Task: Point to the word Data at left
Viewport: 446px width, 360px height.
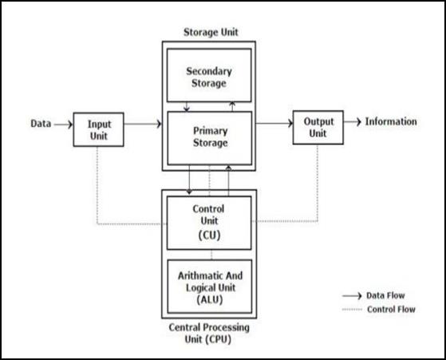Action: [41, 124]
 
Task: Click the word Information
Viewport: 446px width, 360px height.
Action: [391, 121]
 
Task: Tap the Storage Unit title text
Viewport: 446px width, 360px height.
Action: [211, 32]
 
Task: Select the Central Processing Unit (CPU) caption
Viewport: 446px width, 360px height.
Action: [209, 333]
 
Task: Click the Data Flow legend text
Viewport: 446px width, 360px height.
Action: [385, 295]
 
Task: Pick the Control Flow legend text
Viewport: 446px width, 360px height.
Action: [391, 309]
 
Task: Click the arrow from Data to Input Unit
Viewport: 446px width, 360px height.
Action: [63, 125]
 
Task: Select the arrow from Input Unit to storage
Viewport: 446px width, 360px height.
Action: [143, 124]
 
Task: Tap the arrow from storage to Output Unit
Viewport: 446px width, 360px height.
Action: [274, 123]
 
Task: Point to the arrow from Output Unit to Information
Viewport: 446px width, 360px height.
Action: [353, 122]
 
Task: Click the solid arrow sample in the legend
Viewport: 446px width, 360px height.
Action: [352, 296]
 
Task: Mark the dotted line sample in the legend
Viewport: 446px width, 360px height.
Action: [352, 310]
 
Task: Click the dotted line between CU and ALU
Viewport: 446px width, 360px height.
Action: [211, 255]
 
